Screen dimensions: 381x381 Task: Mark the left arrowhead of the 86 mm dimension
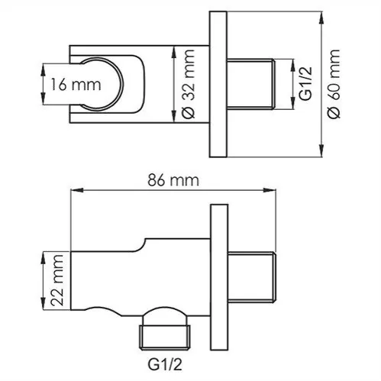(x=74, y=189)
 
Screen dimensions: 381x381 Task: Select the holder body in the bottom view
(x=137, y=279)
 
